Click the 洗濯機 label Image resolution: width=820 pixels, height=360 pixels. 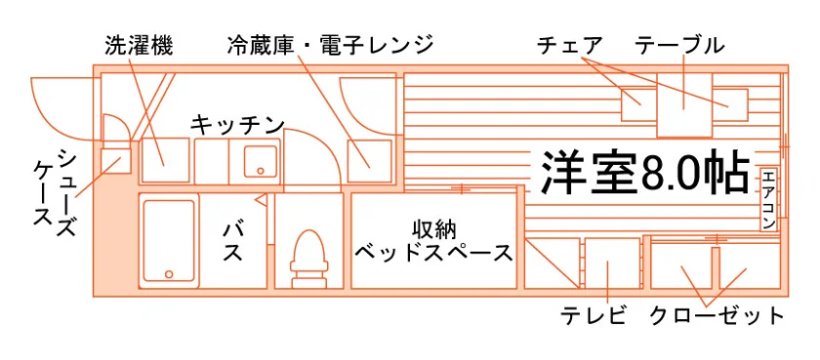point(139,46)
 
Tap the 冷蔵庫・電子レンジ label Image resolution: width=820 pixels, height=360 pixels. point(331,46)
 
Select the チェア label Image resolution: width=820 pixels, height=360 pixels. point(569,46)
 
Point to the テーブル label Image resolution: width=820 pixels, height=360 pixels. point(679,46)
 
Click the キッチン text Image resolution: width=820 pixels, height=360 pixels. point(237,126)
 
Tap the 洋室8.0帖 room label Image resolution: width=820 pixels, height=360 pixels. point(645,173)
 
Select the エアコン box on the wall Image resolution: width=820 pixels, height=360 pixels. point(767,199)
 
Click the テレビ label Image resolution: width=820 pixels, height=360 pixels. point(594,316)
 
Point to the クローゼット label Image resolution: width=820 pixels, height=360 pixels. point(717,316)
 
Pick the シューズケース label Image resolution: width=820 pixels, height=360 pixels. point(55,191)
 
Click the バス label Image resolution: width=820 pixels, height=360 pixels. point(233,242)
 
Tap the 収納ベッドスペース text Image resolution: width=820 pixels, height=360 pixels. point(433,242)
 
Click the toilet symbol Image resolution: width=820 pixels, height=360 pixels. point(308,259)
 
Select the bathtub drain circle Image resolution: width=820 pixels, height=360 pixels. point(169,274)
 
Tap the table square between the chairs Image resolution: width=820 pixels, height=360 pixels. point(683,104)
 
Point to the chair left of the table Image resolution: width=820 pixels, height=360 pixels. point(638,104)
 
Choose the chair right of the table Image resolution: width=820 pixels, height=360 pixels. point(729,104)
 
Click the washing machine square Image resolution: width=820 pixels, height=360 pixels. point(165,160)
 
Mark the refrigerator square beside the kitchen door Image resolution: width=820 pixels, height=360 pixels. point(370,160)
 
